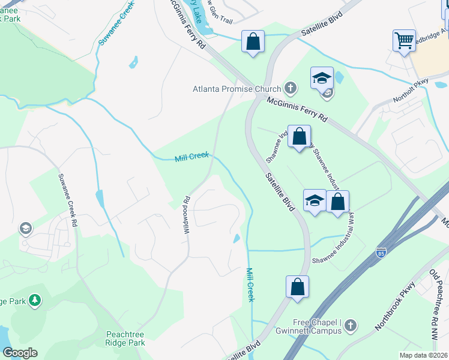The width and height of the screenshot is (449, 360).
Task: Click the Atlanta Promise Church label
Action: coord(237,89)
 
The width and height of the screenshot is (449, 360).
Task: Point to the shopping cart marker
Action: coord(405,41)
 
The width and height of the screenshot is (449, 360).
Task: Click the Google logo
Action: coord(20,353)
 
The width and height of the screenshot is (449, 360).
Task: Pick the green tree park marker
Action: coord(35,299)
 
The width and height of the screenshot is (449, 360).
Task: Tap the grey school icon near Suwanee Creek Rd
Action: coord(25,228)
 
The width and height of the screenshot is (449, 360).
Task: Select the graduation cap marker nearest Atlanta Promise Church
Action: coord(322,78)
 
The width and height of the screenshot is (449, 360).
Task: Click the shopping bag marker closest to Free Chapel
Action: coord(298,287)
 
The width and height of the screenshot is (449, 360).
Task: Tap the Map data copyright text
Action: coord(424,355)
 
